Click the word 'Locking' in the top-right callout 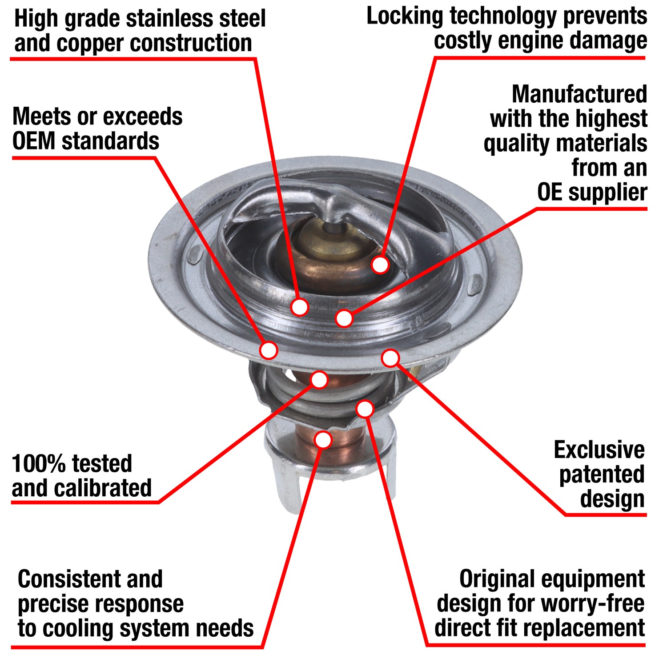405,17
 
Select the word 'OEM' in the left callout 34,141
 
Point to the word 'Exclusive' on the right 599,450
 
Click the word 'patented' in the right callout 602,474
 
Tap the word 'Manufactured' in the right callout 579,94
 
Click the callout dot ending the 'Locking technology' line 380,265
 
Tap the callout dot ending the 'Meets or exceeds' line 269,350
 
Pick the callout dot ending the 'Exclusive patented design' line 390,358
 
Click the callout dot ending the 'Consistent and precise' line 323,439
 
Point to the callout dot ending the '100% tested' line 319,379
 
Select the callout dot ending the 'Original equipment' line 365,409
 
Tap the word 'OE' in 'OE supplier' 550,193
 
